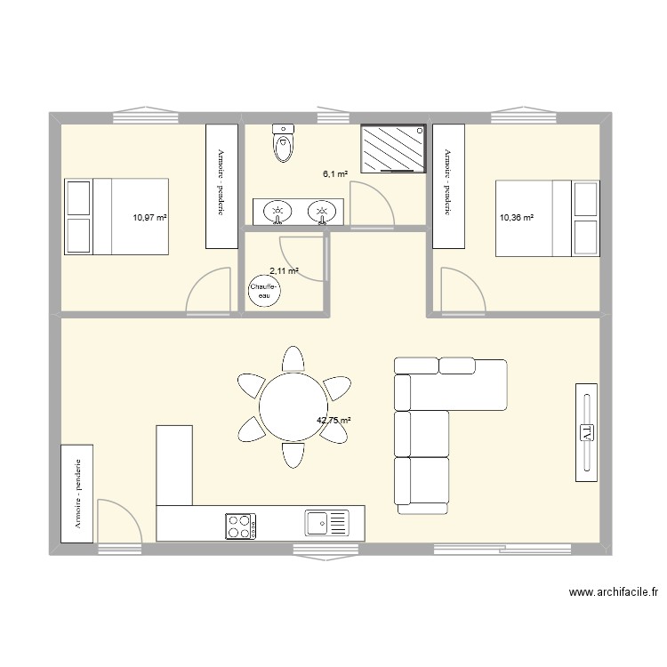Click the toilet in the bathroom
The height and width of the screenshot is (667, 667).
(x=284, y=143)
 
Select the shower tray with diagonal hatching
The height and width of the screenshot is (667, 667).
(x=393, y=149)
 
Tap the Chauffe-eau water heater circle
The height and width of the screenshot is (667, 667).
(x=265, y=291)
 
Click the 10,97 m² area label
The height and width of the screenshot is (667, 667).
(x=149, y=218)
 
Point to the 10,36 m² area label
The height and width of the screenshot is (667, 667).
(x=517, y=218)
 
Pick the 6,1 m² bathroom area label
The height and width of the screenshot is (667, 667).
(x=335, y=173)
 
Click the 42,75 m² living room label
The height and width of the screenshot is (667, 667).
(x=333, y=421)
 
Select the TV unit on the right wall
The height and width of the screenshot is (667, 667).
(x=587, y=432)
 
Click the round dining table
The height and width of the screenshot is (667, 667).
(x=294, y=406)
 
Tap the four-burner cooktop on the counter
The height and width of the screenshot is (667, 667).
(x=241, y=526)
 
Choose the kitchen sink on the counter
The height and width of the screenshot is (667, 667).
(x=326, y=523)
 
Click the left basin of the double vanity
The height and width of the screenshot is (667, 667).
(x=277, y=212)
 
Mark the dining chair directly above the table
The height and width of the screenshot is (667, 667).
(x=293, y=359)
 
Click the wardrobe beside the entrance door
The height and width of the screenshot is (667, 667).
(x=77, y=494)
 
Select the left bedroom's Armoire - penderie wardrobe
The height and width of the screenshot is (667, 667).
(x=221, y=187)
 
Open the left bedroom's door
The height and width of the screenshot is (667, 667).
(x=208, y=292)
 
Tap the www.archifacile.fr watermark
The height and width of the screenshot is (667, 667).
(x=614, y=591)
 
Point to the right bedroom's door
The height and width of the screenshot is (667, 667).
(x=463, y=292)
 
